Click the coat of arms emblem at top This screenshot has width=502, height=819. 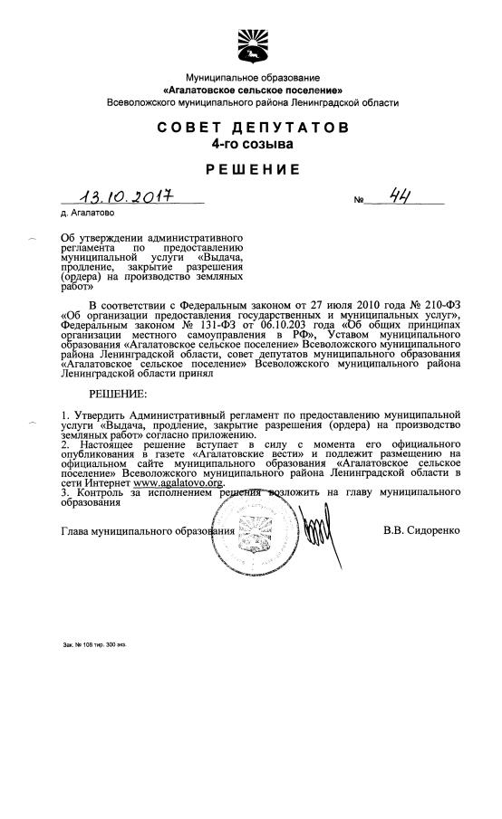[251, 44]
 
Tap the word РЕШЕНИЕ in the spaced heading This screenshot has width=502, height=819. [251, 169]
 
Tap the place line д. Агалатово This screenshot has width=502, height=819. [87, 215]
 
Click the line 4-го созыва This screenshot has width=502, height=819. [251, 144]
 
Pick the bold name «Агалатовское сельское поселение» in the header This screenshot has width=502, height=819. [251, 91]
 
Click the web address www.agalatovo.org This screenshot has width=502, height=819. [179, 483]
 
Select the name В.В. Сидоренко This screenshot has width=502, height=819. [421, 529]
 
